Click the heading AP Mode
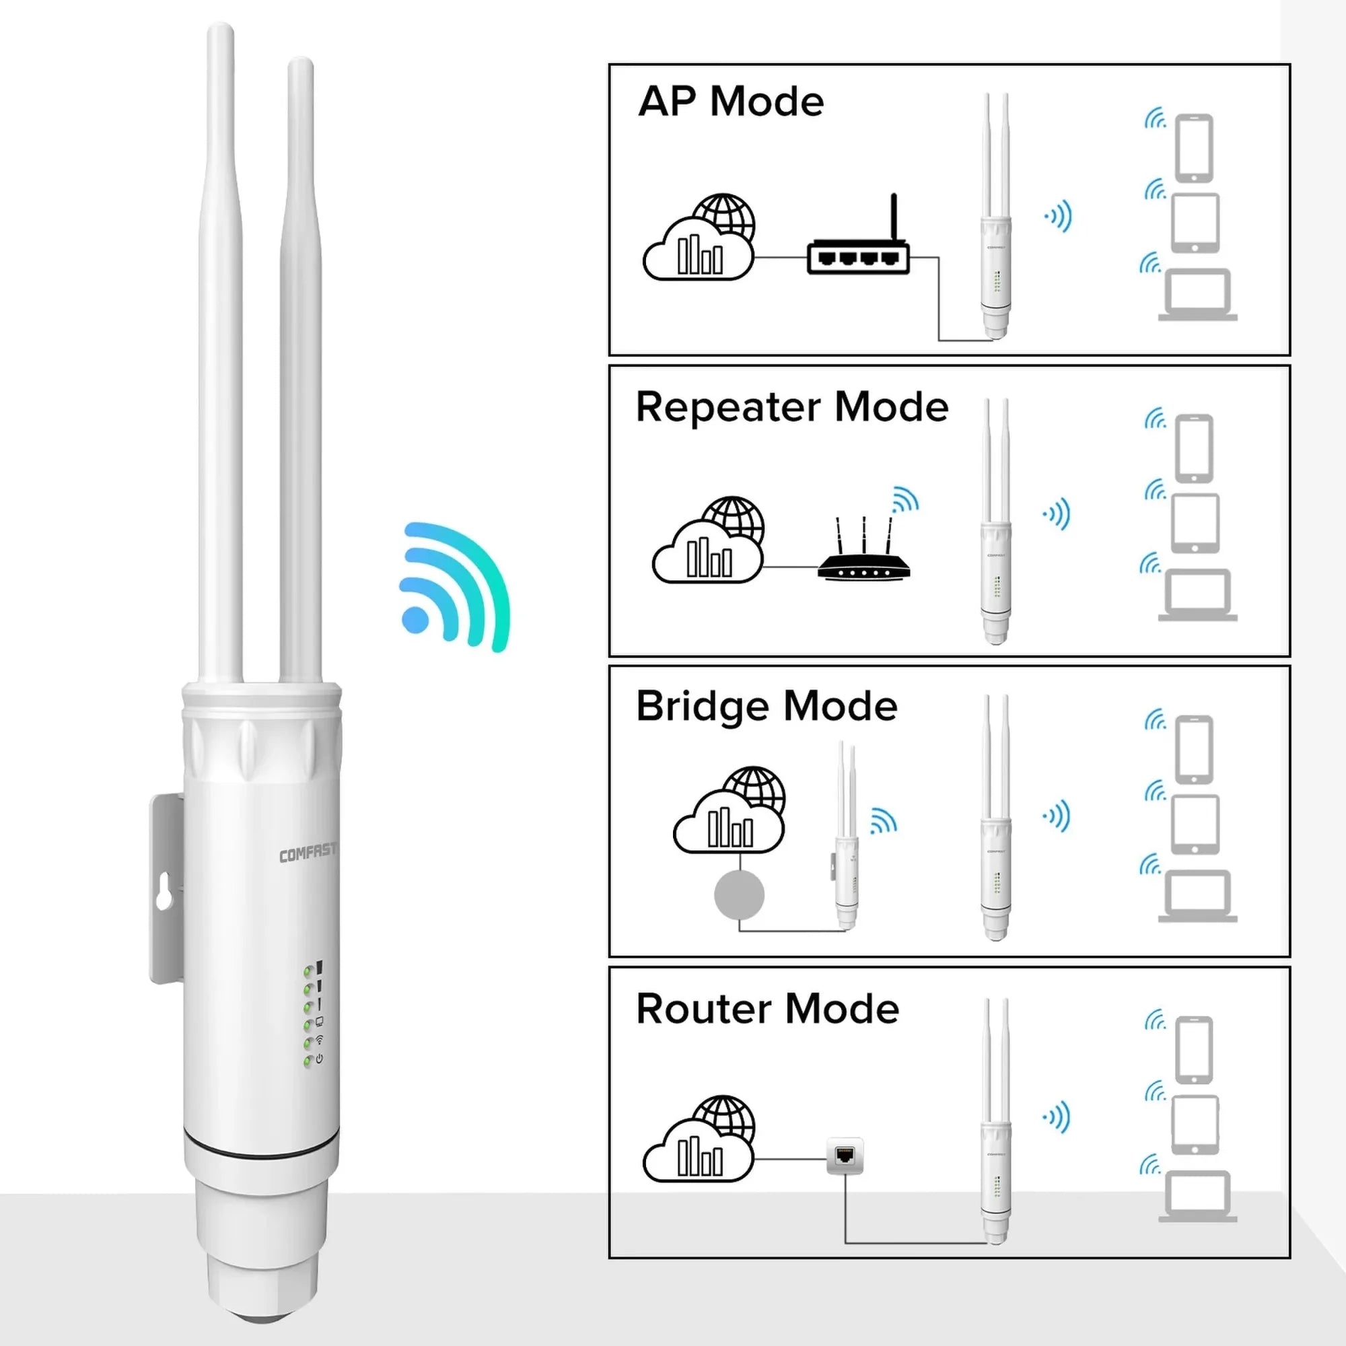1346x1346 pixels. [731, 101]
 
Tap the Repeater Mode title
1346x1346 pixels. [792, 407]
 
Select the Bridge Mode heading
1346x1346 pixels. [767, 707]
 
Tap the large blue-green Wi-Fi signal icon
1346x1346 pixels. [455, 587]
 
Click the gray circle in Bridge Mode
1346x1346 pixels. [739, 894]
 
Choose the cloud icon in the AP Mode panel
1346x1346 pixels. [699, 238]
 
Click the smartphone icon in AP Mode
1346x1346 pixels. [1193, 147]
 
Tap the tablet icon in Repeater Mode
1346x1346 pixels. [1195, 522]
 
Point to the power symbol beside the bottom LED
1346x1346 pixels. [319, 1059]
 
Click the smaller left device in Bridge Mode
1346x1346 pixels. [845, 836]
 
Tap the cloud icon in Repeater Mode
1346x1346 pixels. [708, 540]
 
